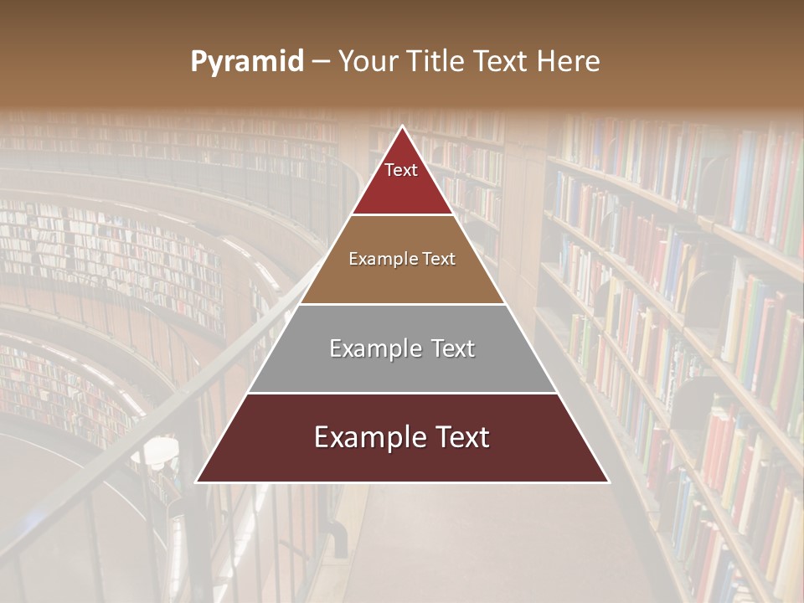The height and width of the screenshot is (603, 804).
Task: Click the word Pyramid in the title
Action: coord(247,62)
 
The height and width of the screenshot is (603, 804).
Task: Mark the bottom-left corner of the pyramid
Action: coord(196,482)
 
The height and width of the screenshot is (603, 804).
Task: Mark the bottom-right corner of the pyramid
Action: coord(609,482)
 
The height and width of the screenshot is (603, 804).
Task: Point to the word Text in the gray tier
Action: coord(453,348)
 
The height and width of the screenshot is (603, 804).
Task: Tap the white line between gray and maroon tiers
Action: coord(402,393)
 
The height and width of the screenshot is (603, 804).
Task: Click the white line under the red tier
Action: coord(402,215)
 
